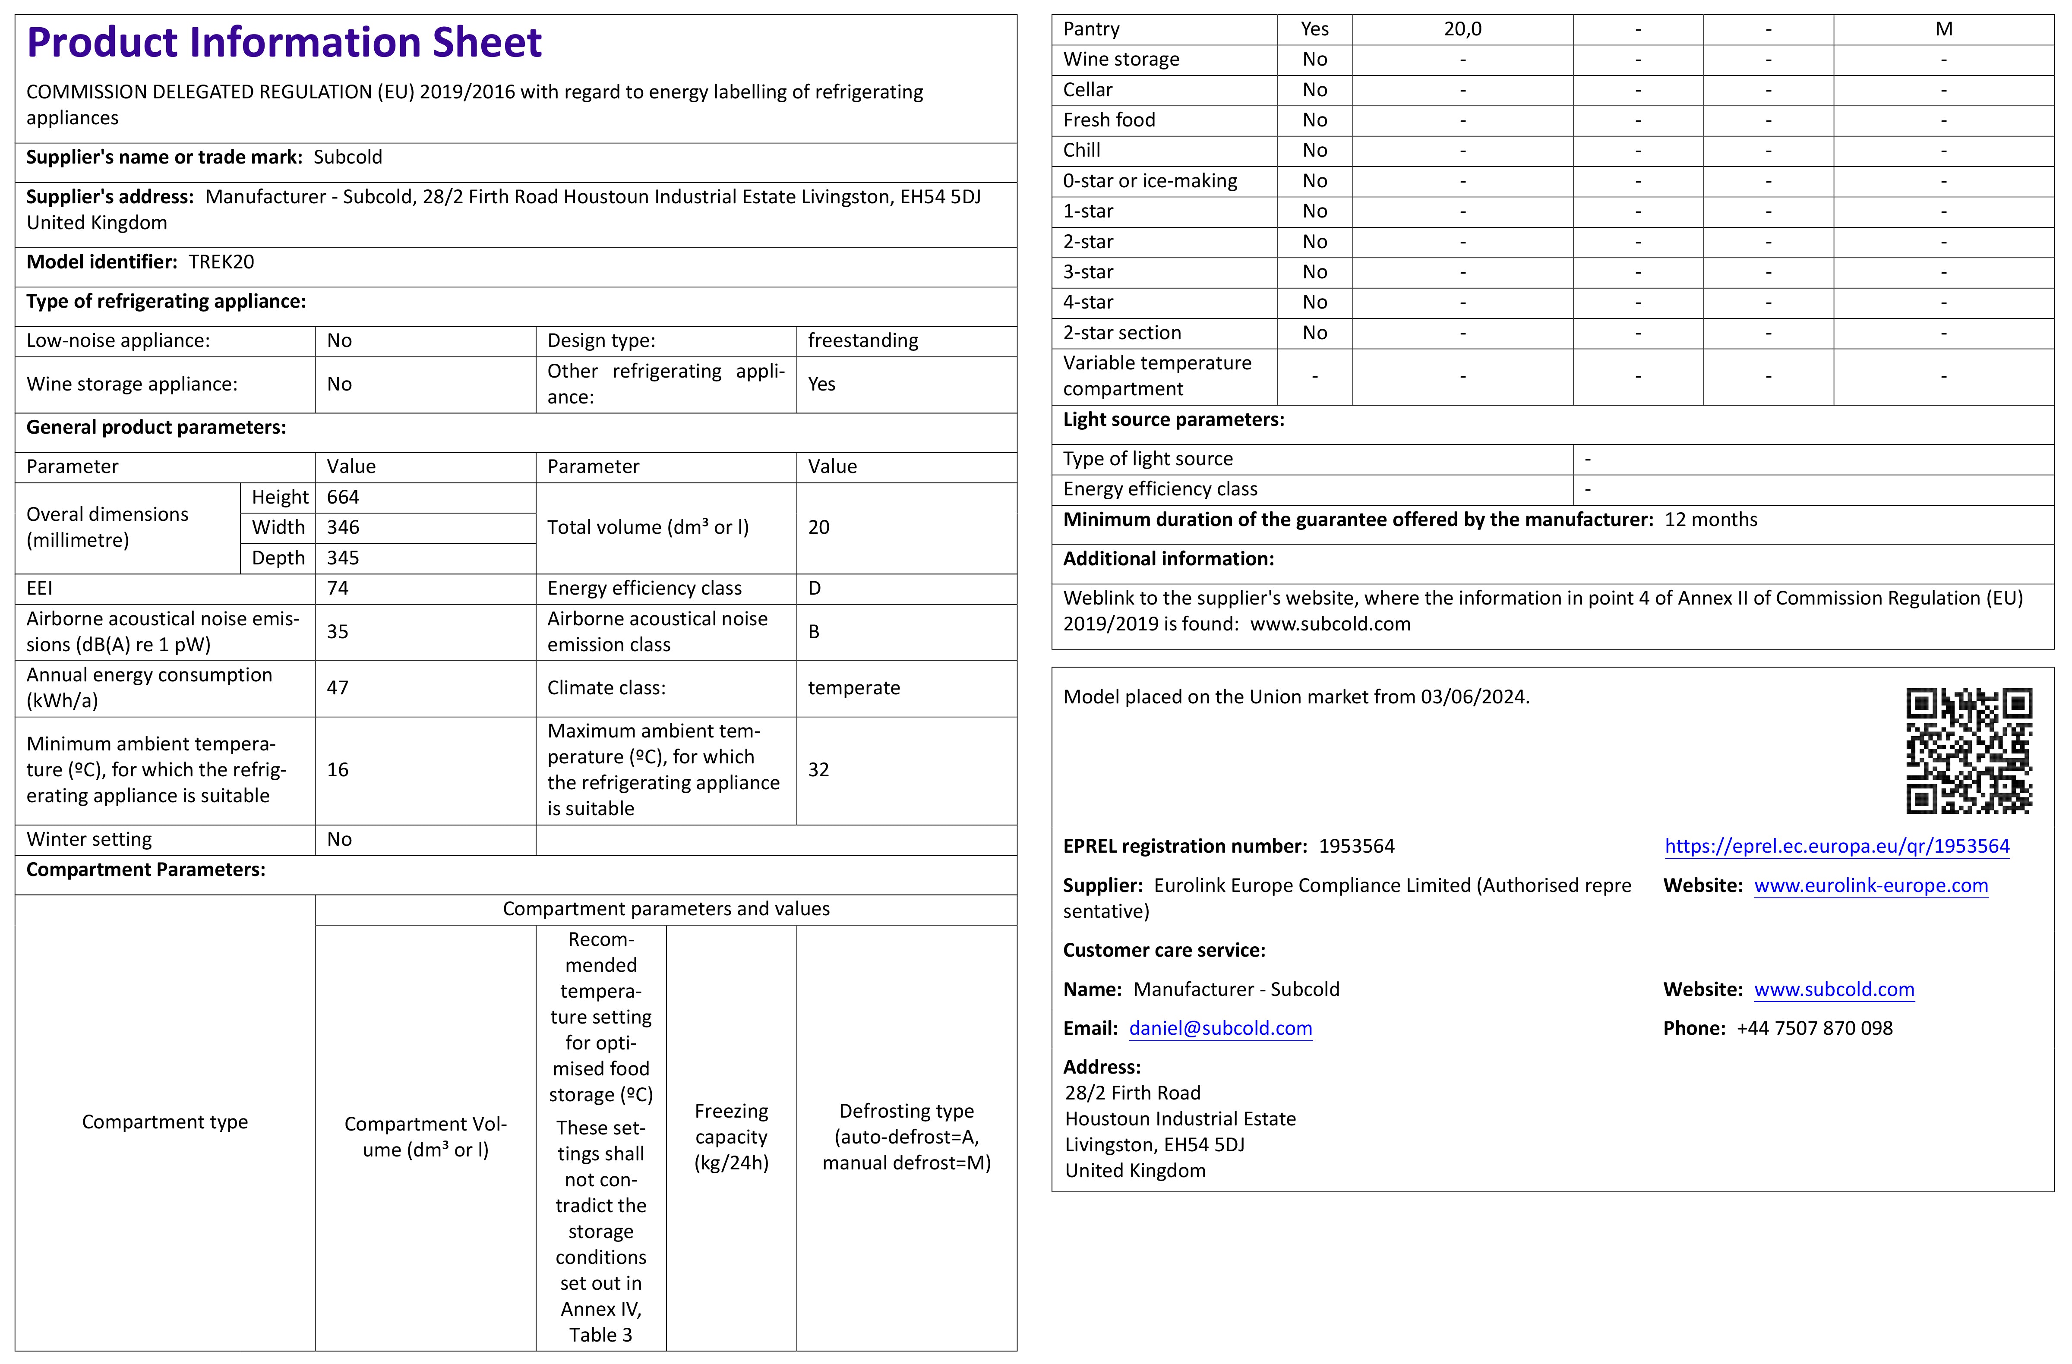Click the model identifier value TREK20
[x=221, y=262]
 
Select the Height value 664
[x=343, y=497]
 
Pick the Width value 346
[x=343, y=527]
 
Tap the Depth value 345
[x=343, y=558]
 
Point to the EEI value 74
[x=338, y=589]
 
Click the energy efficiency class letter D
[x=815, y=589]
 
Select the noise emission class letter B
[x=814, y=632]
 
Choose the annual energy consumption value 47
[x=338, y=688]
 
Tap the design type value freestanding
[x=863, y=340]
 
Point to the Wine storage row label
[x=1121, y=59]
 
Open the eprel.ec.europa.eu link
[x=1837, y=846]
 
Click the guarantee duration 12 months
[x=1711, y=520]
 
